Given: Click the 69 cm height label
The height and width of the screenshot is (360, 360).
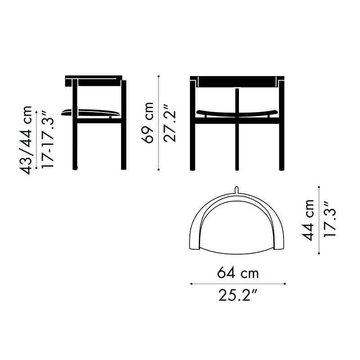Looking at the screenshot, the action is click(148, 123).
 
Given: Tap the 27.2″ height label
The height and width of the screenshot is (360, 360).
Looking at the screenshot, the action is click(170, 123).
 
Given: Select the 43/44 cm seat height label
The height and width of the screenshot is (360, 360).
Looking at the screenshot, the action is click(25, 140).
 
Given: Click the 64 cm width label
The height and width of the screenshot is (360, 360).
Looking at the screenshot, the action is click(238, 273).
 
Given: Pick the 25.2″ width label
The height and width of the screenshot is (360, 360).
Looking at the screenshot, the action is click(238, 295).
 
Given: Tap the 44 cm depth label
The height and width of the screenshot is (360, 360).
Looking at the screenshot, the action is click(308, 220).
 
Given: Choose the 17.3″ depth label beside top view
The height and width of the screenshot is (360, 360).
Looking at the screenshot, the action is click(330, 219).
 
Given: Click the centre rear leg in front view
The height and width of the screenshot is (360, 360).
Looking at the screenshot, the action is click(237, 129).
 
